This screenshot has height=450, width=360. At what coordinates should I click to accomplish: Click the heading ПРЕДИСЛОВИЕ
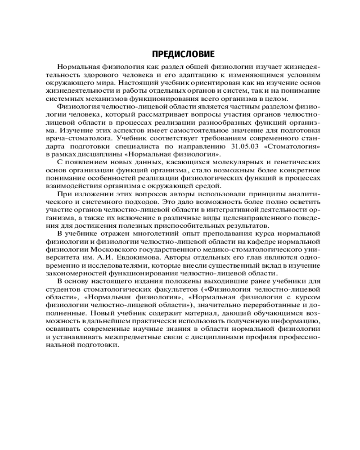tap(183, 54)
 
